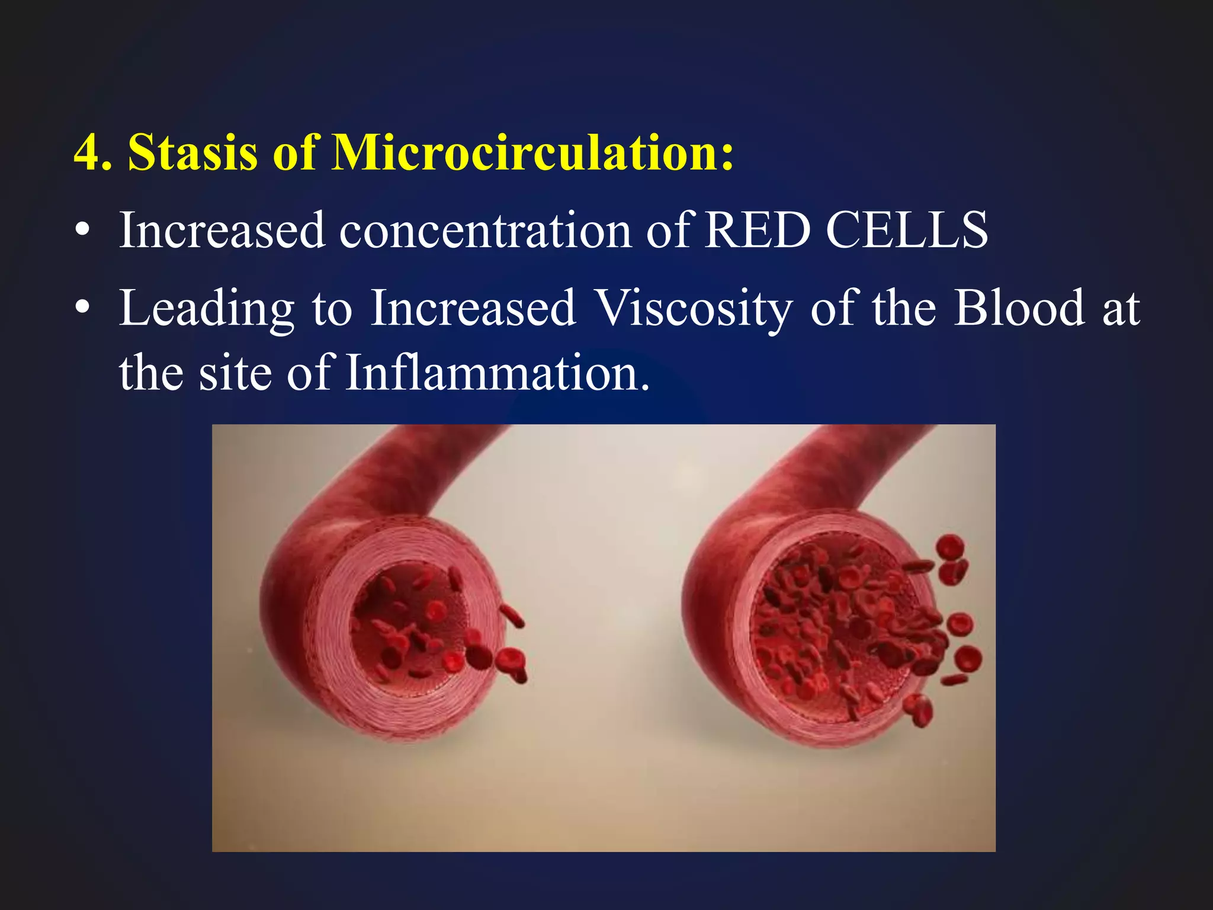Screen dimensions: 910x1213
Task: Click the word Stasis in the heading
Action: pos(193,153)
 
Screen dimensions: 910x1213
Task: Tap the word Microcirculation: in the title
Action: pos(532,153)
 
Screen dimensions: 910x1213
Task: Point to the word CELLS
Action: pos(906,230)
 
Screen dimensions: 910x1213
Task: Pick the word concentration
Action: pos(485,231)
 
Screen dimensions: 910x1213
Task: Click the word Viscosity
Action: pos(694,308)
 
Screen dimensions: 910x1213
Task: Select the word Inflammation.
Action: pos(498,373)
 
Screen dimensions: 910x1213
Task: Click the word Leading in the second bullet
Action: pos(207,309)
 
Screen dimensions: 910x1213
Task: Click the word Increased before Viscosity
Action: pos(473,308)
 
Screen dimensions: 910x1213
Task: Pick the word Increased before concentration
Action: pos(222,231)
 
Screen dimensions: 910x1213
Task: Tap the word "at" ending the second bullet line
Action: pos(1121,309)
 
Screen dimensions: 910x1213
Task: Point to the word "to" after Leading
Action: pos(332,309)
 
